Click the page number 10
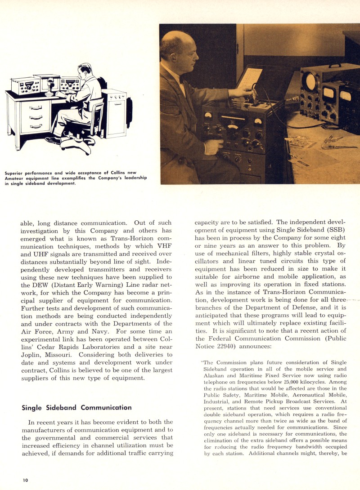pyautogui.click(x=26, y=480)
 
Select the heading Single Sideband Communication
pyautogui.click(x=76, y=408)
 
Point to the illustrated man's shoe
pyautogui.click(x=53, y=140)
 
